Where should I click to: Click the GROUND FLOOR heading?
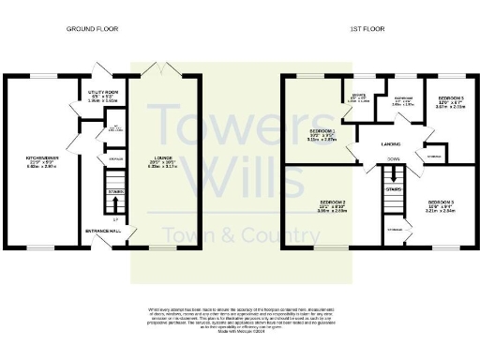point(92,30)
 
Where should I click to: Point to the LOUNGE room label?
point(164,137)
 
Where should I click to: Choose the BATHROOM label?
point(402,99)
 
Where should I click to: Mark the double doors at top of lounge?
point(164,69)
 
